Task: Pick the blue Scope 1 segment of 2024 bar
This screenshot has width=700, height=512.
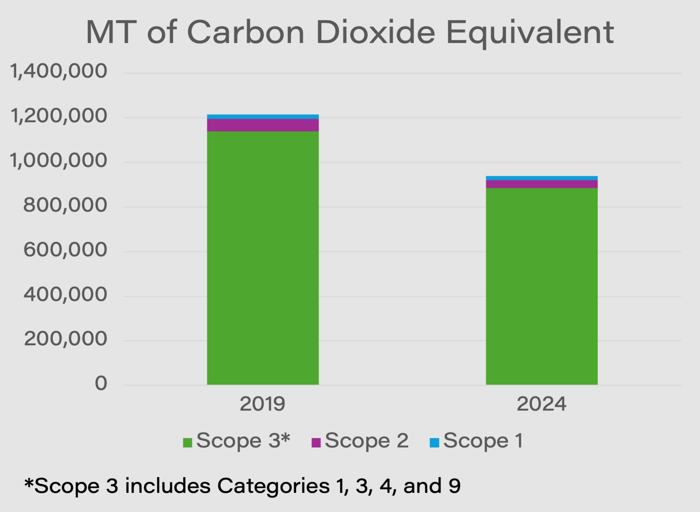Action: (x=541, y=178)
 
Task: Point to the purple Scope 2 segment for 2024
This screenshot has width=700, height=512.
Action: (x=541, y=184)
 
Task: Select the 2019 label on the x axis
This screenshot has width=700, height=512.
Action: (x=262, y=404)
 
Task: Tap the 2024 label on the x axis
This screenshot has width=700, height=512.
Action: (x=541, y=404)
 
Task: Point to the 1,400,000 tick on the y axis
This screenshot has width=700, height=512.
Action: (x=59, y=71)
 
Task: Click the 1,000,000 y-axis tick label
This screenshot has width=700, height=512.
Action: (x=59, y=161)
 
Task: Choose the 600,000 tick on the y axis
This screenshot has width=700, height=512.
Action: (x=65, y=250)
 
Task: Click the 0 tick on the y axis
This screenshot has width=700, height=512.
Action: (x=101, y=383)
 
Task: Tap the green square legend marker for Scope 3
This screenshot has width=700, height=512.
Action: (x=187, y=443)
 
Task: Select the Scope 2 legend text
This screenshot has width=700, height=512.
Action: (x=367, y=440)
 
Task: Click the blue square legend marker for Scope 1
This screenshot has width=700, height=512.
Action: (x=434, y=443)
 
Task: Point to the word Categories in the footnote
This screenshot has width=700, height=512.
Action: (x=273, y=486)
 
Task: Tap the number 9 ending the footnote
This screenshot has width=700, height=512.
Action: (x=454, y=486)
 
